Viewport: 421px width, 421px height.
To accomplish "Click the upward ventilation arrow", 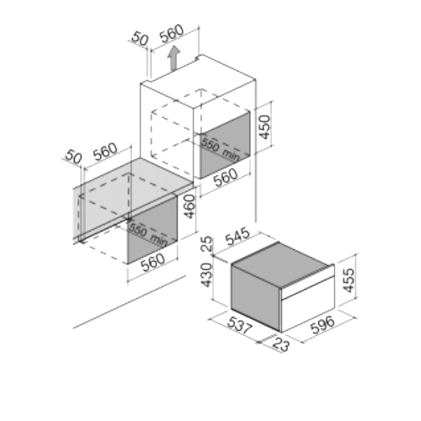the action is (x=173, y=58).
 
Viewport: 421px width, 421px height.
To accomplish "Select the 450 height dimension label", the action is (x=264, y=127).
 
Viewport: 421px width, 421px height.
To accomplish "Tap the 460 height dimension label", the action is (x=189, y=207).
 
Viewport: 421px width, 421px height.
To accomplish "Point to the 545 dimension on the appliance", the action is (x=237, y=237).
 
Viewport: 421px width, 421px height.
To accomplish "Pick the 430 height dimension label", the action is (x=207, y=274).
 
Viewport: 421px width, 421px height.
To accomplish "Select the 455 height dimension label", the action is (x=349, y=280).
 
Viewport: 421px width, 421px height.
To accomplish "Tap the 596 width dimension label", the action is (x=323, y=325).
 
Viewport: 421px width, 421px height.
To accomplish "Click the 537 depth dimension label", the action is (x=240, y=325).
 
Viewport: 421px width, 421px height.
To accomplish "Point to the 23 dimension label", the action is (x=281, y=344).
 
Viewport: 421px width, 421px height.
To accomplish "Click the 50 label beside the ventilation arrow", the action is (x=140, y=39).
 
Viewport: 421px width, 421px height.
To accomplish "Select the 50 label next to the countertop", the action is (x=73, y=157).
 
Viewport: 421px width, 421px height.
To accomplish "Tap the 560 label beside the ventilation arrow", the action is (x=172, y=33).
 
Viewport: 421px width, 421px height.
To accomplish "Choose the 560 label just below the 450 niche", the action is (x=226, y=178).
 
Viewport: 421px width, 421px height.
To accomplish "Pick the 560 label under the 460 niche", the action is (x=153, y=263).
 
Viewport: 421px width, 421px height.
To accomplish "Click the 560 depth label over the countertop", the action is (x=105, y=152).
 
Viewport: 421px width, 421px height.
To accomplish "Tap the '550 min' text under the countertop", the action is (x=148, y=235).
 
